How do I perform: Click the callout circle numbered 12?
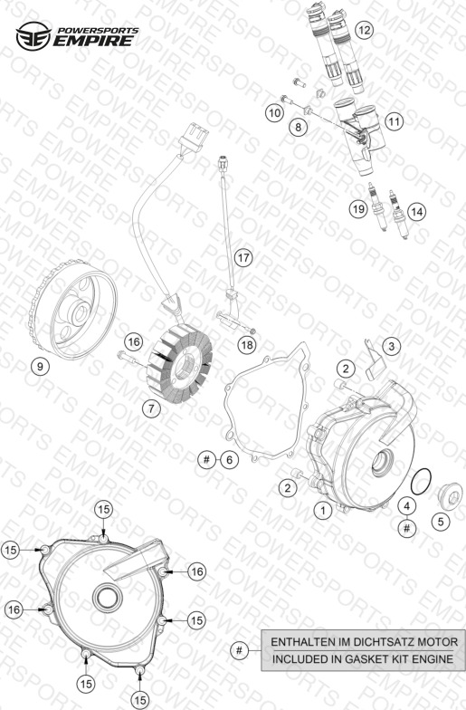pos(364,31)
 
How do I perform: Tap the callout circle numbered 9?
pos(40,366)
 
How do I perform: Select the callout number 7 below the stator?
pos(151,409)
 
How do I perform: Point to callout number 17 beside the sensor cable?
pos(243,257)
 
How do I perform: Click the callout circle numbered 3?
pos(391,346)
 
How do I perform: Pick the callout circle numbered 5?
pos(441,522)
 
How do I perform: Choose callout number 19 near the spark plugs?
pos(358,208)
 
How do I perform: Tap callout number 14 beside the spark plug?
pos(416,212)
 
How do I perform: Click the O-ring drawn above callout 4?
pos(421,482)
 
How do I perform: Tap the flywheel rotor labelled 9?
pos(72,308)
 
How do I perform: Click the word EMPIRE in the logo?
pos(93,40)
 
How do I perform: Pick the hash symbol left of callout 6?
pos(206,460)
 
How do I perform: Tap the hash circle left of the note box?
pos(239,650)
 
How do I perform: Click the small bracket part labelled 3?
pos(374,360)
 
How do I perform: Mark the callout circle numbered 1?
pos(323,511)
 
